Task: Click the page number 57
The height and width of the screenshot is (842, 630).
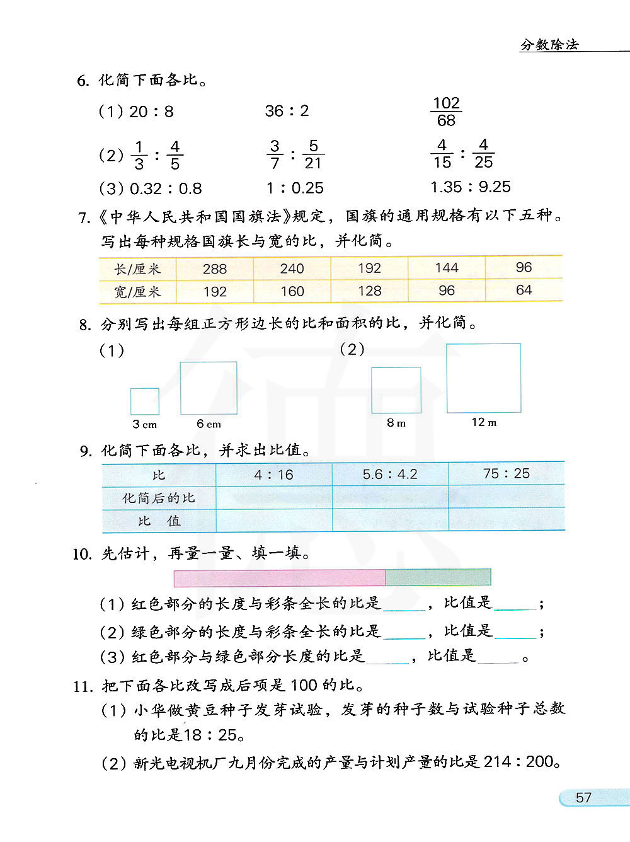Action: pos(583,798)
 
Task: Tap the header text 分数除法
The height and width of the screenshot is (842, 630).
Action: pos(549,45)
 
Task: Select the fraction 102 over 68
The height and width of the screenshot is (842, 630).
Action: pos(446,112)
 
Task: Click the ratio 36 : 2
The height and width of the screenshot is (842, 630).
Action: pos(287,112)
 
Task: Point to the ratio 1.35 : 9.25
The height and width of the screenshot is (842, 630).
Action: pos(470,187)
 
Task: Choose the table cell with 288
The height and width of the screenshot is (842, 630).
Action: pos(214,269)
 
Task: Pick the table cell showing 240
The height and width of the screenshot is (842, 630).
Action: pos(292,269)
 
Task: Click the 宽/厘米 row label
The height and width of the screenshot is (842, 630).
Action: pos(137,292)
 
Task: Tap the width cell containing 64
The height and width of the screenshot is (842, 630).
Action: pos(524,291)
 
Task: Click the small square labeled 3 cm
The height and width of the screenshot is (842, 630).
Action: pos(145,401)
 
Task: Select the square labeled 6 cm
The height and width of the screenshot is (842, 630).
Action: pos(209,388)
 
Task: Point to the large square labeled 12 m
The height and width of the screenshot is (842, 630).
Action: pos(484,378)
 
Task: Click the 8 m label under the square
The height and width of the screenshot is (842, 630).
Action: pos(396,423)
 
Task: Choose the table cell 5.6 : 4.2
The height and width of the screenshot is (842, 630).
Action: pos(390,474)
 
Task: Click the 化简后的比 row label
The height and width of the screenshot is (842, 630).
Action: pos(159,498)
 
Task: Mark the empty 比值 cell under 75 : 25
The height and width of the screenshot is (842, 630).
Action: pos(507,520)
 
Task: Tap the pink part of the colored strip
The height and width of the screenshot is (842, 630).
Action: pos(279,578)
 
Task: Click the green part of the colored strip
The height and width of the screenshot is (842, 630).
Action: pos(438,577)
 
